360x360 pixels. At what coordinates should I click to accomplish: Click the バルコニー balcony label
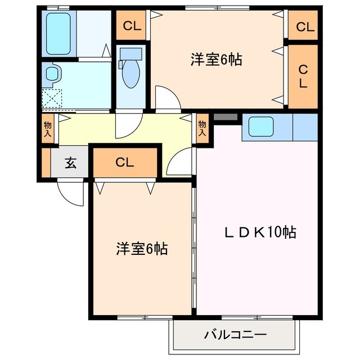(x=235, y=335)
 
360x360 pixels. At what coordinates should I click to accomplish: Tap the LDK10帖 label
(x=258, y=232)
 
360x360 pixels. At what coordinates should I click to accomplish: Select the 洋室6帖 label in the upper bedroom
(x=216, y=60)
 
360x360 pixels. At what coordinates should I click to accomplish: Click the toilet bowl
(x=130, y=76)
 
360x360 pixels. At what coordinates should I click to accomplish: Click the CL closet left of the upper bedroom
(x=132, y=26)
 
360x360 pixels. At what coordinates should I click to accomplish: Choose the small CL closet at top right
(x=304, y=26)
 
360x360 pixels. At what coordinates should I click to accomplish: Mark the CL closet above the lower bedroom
(x=125, y=163)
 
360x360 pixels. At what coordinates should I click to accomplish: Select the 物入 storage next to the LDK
(x=202, y=129)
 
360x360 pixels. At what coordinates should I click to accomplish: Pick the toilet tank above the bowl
(x=130, y=55)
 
